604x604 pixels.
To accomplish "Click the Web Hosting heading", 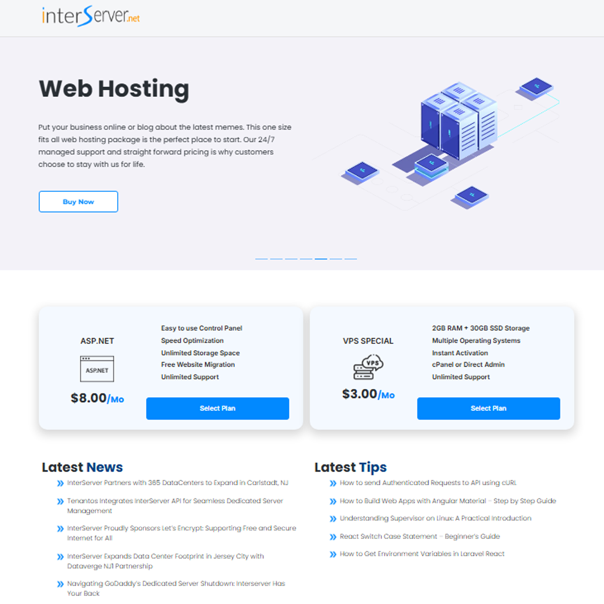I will point(114,89).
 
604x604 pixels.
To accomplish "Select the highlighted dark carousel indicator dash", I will point(321,259).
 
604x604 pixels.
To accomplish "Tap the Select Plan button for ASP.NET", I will point(217,408).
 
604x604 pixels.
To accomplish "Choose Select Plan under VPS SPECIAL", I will point(488,408).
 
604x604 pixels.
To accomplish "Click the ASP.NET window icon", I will point(97,369).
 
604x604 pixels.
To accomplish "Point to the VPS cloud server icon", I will point(368,367).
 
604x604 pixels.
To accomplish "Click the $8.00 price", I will point(89,398).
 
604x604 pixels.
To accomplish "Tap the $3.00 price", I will point(359,394).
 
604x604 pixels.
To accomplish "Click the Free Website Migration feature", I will point(198,365).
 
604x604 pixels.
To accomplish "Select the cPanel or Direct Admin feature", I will point(468,365).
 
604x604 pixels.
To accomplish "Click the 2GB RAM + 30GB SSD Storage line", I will point(481,328).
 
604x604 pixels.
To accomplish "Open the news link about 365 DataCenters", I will point(178,483).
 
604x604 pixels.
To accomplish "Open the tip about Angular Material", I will point(448,501).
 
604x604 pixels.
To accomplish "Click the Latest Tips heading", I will point(350,467).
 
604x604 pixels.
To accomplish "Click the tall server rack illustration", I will point(458,121).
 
